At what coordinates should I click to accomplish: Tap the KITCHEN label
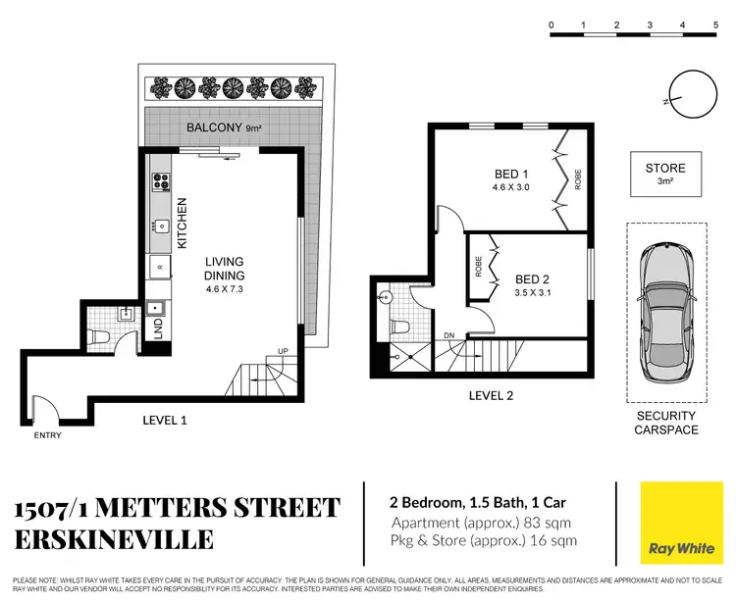click(182, 223)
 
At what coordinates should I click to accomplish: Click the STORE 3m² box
click(665, 175)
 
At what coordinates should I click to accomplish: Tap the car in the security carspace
click(666, 315)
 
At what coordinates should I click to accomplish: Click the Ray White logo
click(675, 523)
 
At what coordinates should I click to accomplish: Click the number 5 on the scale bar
click(713, 25)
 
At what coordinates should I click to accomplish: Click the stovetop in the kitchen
click(160, 181)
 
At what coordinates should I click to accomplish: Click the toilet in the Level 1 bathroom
click(97, 340)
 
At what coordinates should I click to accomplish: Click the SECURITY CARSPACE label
click(665, 423)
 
